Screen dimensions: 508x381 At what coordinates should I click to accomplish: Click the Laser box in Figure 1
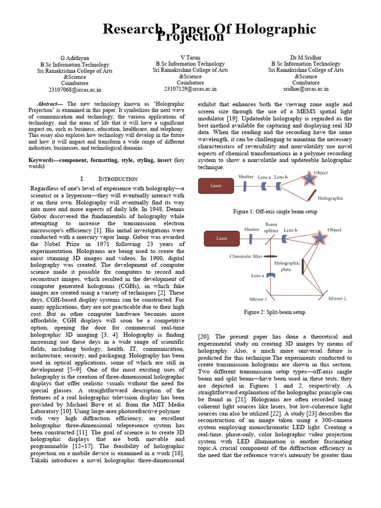[216, 186]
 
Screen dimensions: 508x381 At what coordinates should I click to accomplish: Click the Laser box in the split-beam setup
[222, 238]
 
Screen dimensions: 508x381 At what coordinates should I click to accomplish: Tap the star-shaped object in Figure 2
[320, 238]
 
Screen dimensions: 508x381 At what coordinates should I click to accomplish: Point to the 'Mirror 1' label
[257, 299]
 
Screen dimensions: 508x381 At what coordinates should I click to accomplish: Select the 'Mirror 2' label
[337, 298]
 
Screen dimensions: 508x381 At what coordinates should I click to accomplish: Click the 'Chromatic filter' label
[246, 256]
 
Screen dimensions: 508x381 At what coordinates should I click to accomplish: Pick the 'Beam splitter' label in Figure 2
[271, 228]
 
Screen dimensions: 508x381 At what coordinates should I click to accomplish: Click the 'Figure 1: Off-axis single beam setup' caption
[275, 211]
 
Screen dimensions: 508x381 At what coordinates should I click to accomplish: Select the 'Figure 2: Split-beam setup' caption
[275, 312]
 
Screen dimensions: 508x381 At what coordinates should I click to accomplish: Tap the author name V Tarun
[190, 58]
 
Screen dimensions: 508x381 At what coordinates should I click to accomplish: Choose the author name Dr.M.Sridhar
[306, 58]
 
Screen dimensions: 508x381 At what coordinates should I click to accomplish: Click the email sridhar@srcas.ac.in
[306, 89]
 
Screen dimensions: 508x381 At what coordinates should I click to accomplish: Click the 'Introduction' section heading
[118, 179]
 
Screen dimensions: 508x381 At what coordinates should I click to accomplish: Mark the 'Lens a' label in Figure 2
[257, 275]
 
